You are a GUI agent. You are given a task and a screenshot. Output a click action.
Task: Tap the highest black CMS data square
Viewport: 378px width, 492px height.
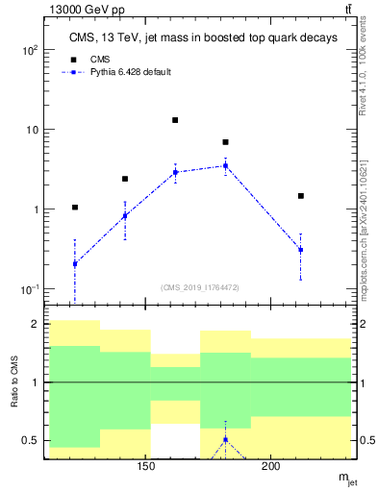[x=175, y=120]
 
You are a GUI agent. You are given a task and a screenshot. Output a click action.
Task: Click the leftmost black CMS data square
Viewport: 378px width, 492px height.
[x=75, y=207]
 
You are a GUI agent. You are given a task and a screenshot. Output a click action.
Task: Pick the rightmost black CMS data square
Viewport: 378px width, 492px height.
[x=301, y=196]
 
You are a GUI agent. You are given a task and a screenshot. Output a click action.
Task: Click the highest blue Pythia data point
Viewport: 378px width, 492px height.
[x=225, y=165]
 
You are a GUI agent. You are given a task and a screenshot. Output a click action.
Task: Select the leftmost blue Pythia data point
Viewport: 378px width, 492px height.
[x=75, y=263]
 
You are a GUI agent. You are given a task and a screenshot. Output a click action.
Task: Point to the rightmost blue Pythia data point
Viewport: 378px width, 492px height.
[x=301, y=250]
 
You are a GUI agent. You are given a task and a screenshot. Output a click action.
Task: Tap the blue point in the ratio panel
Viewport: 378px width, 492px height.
[x=225, y=440]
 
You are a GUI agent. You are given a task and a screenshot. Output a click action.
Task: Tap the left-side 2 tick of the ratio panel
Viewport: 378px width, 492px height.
[x=35, y=325]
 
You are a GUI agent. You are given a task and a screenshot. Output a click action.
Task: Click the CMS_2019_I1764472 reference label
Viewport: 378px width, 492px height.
[x=200, y=285]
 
